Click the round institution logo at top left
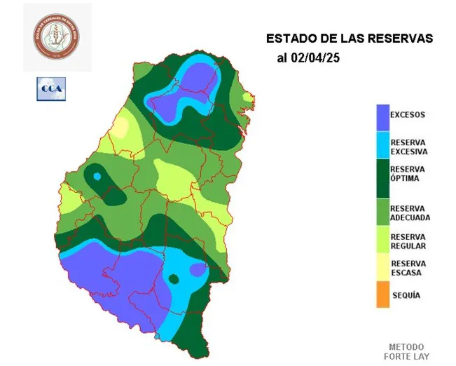point(57,38)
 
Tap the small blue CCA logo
point(50,89)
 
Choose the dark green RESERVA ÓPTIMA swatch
point(382,179)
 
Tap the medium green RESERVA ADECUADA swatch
point(382,212)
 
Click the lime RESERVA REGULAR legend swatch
point(382,240)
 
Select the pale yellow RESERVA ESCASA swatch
point(382,267)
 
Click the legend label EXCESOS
point(408,114)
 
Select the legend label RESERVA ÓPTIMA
point(408,173)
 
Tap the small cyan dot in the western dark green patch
point(97,176)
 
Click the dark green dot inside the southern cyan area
point(173,279)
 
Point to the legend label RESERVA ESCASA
point(408,268)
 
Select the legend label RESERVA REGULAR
point(408,241)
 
